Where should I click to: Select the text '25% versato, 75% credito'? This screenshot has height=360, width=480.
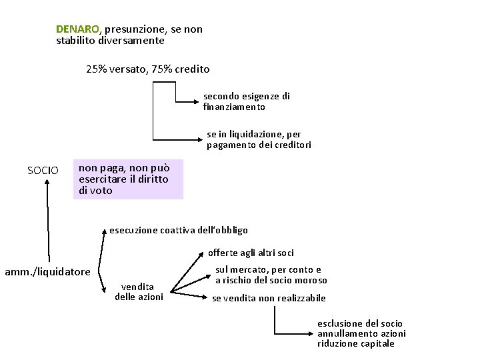point(148,69)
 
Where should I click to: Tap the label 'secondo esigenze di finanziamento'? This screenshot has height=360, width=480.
point(246,101)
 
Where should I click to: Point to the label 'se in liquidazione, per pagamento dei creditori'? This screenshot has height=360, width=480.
point(259,139)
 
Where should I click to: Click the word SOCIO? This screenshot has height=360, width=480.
point(43,171)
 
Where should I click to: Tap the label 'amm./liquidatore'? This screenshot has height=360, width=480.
point(47,271)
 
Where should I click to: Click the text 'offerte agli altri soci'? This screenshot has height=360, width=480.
point(251,253)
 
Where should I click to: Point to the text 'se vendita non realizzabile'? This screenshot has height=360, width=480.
point(269,298)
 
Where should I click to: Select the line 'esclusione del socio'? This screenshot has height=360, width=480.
point(360,323)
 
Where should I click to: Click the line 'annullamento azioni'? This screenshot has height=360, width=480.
point(361,333)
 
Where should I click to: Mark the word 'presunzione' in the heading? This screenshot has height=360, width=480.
point(132,29)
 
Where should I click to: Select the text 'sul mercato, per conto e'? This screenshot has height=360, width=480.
point(268,270)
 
